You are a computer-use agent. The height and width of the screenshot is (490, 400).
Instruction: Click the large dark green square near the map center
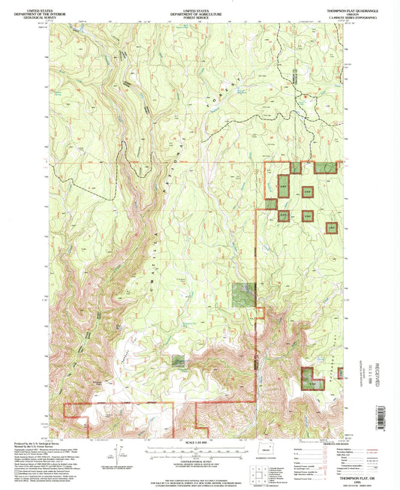(x=242, y=294)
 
